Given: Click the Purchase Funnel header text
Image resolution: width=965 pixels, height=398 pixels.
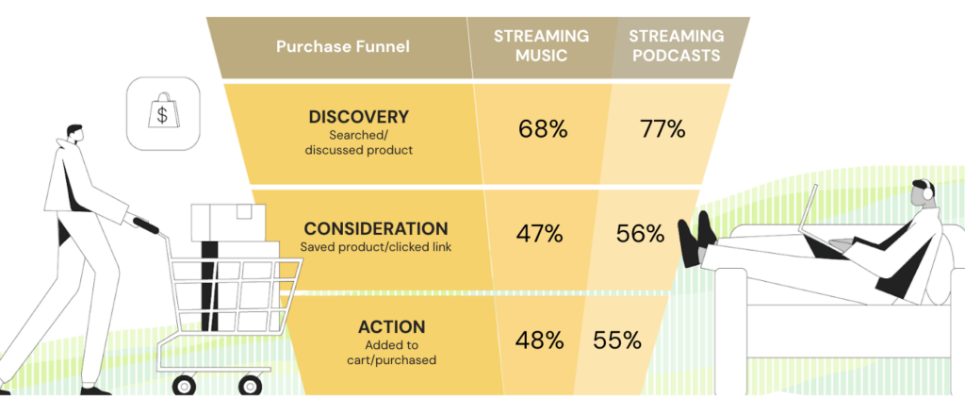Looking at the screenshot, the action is [343, 47].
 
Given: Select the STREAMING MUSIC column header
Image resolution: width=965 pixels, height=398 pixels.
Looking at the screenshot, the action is [541, 45].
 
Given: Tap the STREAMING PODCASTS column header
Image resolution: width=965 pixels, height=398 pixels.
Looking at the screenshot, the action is [677, 45].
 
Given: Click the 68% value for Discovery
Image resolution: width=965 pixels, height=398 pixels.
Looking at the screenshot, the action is [543, 130].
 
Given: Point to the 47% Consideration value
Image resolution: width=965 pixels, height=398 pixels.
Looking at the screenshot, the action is [538, 234].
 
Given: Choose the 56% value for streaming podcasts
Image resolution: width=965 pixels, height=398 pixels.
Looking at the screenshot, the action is [640, 234].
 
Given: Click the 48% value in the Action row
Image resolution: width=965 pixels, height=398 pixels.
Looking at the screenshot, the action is [540, 340].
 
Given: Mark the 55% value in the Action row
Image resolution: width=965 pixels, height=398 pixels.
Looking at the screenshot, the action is [617, 340].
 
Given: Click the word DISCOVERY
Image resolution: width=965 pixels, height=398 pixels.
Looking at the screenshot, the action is [359, 117].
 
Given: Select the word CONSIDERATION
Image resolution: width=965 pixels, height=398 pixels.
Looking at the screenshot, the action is [376, 229].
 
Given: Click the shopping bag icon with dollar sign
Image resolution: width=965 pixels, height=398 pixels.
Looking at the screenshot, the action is [162, 113].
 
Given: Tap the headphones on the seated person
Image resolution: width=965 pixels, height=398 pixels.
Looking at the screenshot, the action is [927, 191].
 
